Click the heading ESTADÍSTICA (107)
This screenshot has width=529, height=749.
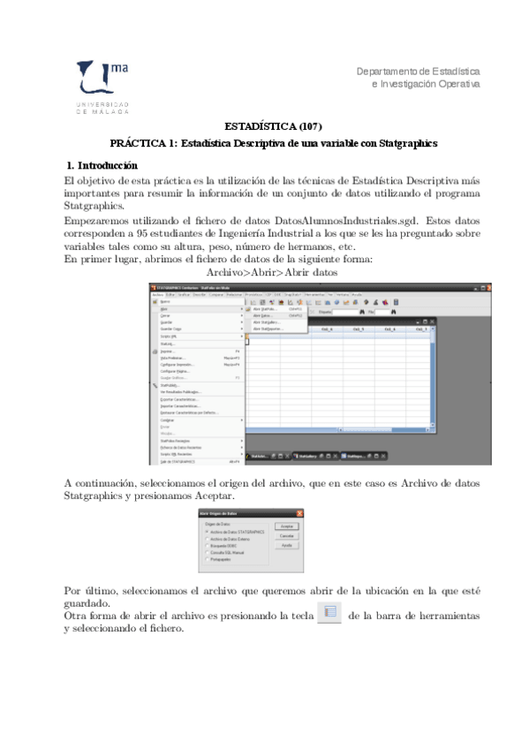point(273,125)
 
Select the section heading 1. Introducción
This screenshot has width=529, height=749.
point(102,165)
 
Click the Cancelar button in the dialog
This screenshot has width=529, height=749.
point(286,535)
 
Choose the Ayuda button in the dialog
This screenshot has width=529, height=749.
point(286,546)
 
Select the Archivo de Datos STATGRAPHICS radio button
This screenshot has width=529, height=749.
point(206,532)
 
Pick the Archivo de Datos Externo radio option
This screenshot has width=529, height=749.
point(206,539)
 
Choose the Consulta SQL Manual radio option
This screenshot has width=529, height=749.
point(206,552)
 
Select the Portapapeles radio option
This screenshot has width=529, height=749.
point(206,559)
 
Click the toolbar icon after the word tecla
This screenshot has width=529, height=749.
point(328,612)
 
